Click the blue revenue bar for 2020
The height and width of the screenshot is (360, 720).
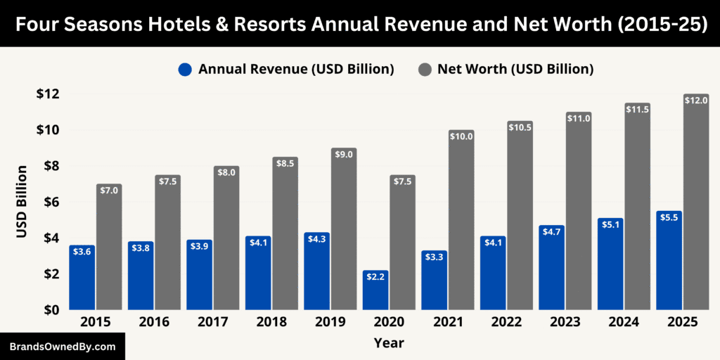(x=375, y=292)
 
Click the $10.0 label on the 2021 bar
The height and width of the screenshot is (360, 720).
(x=461, y=136)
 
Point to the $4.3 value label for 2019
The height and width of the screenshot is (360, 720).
(x=317, y=238)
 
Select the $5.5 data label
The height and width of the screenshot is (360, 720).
(x=669, y=217)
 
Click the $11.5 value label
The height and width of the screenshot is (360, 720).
(x=636, y=109)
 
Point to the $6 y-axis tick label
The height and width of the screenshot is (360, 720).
(x=51, y=202)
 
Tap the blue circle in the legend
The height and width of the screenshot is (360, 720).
(x=185, y=70)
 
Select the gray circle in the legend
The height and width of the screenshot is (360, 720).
(x=424, y=70)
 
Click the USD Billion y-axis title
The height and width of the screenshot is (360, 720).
(x=22, y=202)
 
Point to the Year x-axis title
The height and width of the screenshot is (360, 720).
(x=389, y=342)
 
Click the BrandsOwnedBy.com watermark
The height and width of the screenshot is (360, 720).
(x=62, y=347)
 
